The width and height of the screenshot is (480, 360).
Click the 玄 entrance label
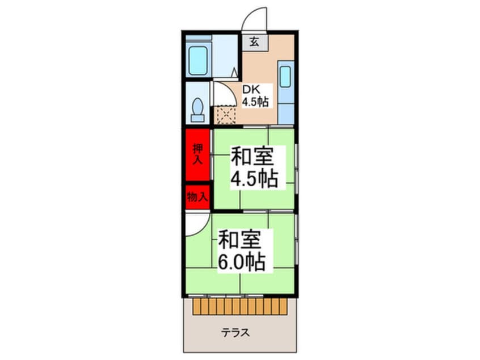click(x=254, y=41)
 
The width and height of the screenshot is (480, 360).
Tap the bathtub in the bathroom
click(x=198, y=60)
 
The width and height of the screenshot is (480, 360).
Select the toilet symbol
click(x=198, y=110)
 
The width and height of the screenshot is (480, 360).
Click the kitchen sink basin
click(x=285, y=77)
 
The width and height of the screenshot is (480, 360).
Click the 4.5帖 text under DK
click(x=255, y=102)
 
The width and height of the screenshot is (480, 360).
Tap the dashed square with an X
click(x=226, y=115)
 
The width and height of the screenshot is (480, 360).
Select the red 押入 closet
click(x=198, y=154)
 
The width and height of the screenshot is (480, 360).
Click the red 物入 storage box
click(x=198, y=197)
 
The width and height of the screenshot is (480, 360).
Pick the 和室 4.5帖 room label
click(x=254, y=168)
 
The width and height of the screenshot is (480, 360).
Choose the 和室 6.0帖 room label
click(x=241, y=250)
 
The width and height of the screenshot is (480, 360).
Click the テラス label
click(x=235, y=332)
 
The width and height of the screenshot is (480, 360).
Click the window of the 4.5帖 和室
click(x=297, y=169)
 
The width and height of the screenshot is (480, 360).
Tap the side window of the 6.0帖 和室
click(x=297, y=239)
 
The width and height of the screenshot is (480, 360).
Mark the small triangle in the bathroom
click(x=234, y=73)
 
